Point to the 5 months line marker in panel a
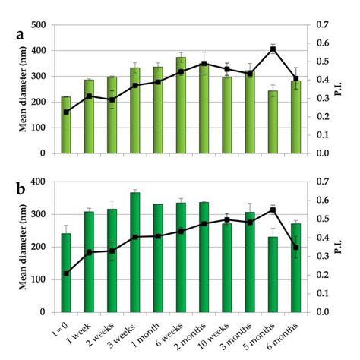[x=273, y=49]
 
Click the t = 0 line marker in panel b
[x=66, y=273]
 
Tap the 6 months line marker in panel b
[x=295, y=247]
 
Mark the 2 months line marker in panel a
[x=204, y=64]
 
